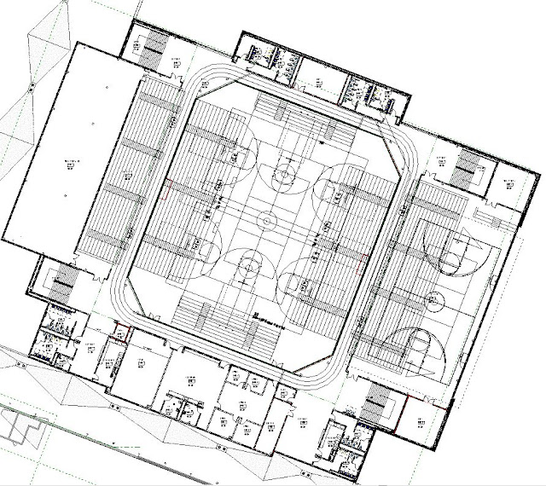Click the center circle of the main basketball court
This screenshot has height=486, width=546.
click(264, 221)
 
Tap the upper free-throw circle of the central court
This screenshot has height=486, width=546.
click(282, 177)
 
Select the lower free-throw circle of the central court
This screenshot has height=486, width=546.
click(247, 266)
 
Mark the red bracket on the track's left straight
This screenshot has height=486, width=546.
click(168, 184)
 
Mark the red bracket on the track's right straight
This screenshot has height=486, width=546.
click(362, 255)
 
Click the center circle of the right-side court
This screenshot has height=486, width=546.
click(443, 298)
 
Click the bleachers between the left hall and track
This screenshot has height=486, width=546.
click(119, 171)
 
